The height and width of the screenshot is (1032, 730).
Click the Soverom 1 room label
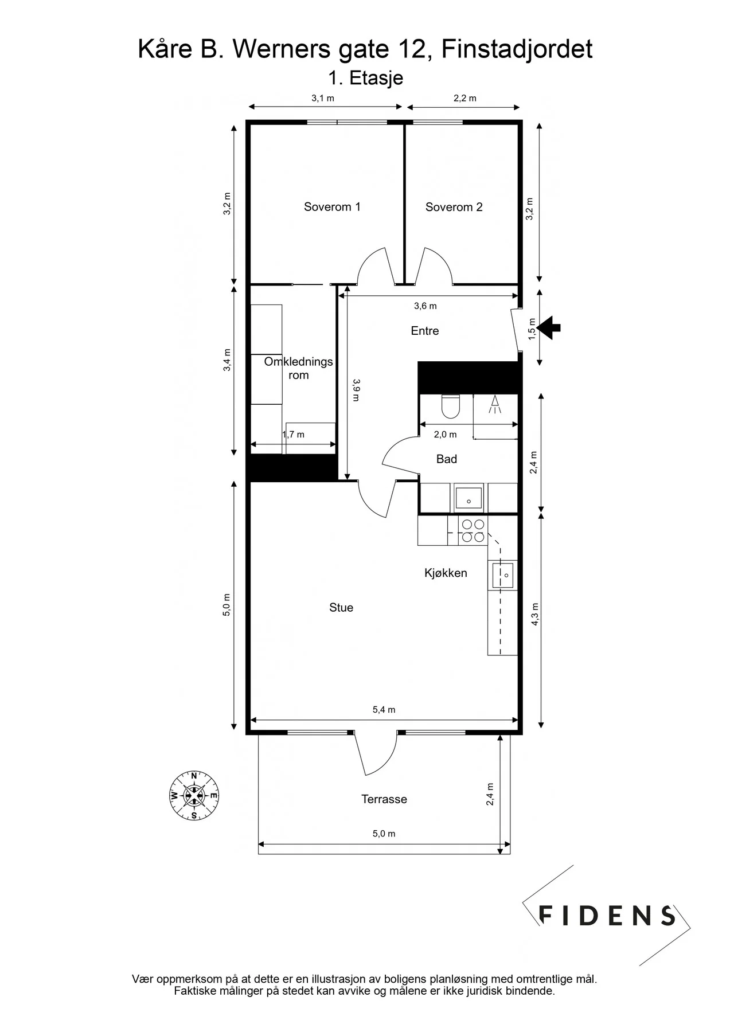pyautogui.click(x=332, y=207)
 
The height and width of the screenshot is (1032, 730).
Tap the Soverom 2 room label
pyautogui.click(x=454, y=207)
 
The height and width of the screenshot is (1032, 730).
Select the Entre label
pyautogui.click(x=425, y=331)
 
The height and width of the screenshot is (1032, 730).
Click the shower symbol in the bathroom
pyautogui.click(x=494, y=405)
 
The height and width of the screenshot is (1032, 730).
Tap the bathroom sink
pyautogui.click(x=469, y=497)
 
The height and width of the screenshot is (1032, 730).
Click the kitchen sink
pyautogui.click(x=502, y=574)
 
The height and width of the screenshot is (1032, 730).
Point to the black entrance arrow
pyautogui.click(x=549, y=328)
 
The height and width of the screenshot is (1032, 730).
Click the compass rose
pyautogui.click(x=194, y=795)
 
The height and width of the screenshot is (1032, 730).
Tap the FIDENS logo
pyautogui.click(x=607, y=915)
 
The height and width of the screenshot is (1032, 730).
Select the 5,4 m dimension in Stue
pyautogui.click(x=384, y=710)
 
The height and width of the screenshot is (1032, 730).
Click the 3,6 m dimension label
pyautogui.click(x=425, y=306)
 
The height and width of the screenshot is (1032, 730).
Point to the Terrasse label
pyautogui.click(x=384, y=799)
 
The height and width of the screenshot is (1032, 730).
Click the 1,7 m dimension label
pyautogui.click(x=293, y=435)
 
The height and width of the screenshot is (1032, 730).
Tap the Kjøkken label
pyautogui.click(x=446, y=573)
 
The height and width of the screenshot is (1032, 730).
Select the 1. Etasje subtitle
pyautogui.click(x=365, y=78)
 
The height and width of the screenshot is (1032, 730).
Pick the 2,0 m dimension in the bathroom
pyautogui.click(x=445, y=435)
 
